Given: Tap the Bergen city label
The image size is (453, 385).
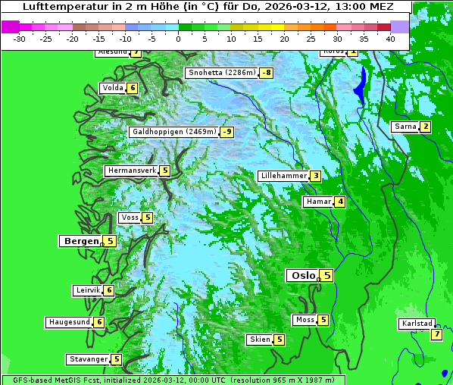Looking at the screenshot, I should coord(81,241).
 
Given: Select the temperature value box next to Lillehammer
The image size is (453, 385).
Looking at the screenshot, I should coord(315,176).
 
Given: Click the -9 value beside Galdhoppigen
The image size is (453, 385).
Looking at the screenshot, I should coord(227,132).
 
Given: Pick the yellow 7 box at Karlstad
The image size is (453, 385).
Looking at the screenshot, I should coord(436,334).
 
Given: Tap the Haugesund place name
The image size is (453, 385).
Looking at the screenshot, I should coord(70,322).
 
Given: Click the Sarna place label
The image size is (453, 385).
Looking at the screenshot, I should coord(405,127).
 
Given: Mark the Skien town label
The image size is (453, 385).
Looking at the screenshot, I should coord(260,340).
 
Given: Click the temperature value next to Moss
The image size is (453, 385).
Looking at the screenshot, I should coord(323,320).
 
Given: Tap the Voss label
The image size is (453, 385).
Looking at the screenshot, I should coord(130,218).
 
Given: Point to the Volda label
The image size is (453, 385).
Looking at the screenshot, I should coord(112,88).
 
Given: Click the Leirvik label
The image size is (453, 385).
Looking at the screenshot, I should coord(88,290).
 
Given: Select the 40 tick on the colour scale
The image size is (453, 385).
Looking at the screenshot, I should coord(390,39).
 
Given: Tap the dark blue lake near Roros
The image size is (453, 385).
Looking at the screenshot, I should coord(361,85).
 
